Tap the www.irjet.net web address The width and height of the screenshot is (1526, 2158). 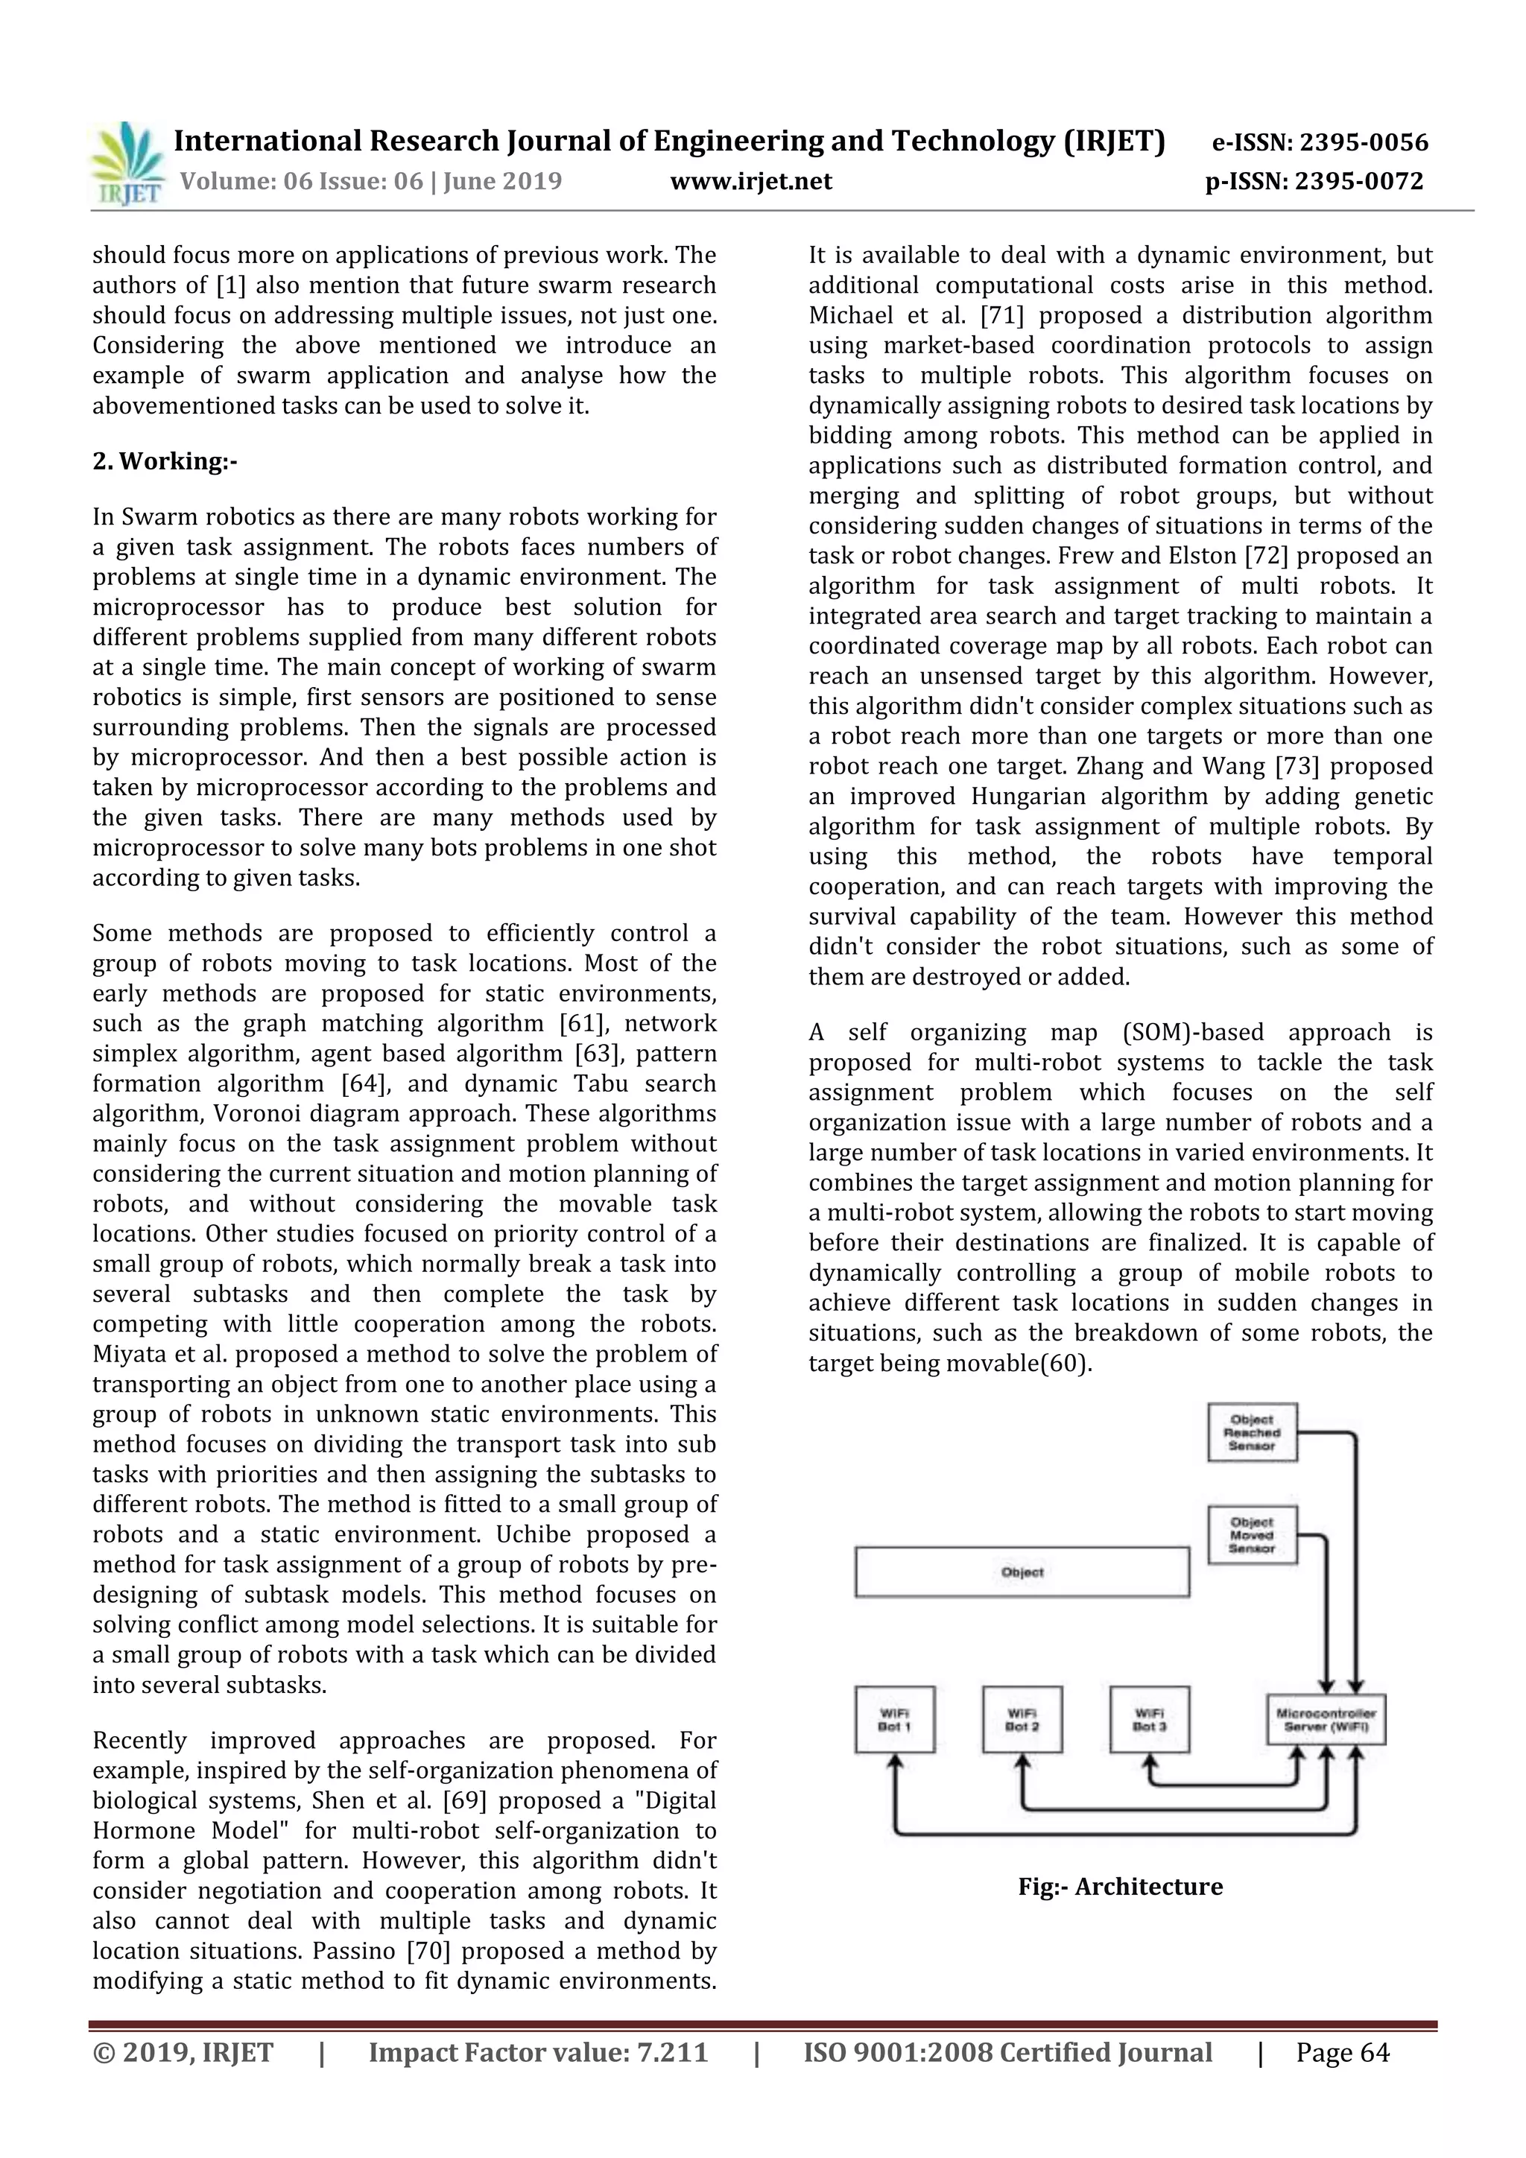coord(751,180)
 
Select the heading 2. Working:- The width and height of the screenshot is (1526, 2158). coord(165,461)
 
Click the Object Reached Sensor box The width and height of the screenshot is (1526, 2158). coord(1252,1432)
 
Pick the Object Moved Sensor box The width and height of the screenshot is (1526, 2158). coord(1252,1535)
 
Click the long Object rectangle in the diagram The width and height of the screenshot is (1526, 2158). coord(1022,1572)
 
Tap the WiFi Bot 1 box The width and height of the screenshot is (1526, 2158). coord(895,1719)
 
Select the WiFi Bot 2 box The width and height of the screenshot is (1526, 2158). coord(1022,1719)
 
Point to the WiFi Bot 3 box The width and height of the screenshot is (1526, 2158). coord(1149,1719)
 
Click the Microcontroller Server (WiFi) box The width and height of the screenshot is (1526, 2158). coord(1326,1719)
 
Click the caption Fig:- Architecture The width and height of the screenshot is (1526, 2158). coord(1120,1886)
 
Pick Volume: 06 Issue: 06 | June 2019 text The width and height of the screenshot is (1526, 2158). coord(370,180)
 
